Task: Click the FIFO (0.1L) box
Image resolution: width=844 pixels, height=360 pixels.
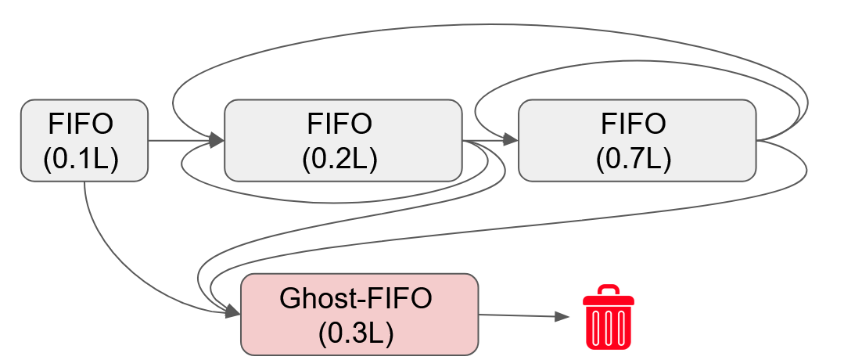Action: click(x=84, y=141)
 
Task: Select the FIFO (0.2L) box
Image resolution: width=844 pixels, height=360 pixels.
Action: click(x=343, y=141)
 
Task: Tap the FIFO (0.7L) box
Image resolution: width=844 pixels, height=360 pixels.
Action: click(x=637, y=141)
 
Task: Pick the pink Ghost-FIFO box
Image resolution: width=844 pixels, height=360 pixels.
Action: click(x=359, y=314)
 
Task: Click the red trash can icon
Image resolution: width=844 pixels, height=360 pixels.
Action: click(x=608, y=321)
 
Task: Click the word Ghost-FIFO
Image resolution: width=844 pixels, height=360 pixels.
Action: click(x=356, y=298)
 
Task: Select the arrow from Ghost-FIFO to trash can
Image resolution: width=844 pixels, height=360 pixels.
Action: click(x=520, y=315)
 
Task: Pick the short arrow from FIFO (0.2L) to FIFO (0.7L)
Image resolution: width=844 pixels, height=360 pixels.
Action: click(x=489, y=141)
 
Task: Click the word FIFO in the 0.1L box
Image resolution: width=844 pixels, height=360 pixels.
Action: click(x=81, y=124)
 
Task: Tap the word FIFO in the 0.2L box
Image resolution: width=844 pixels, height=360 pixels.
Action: click(x=339, y=124)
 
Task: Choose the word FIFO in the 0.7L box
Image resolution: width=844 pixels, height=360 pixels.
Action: click(x=634, y=124)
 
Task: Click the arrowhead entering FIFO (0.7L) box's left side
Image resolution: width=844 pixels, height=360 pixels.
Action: click(x=511, y=141)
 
